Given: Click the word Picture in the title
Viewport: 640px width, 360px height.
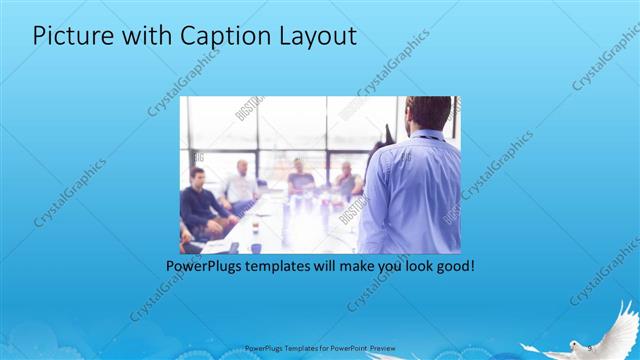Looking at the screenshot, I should pyautogui.click(x=68, y=36).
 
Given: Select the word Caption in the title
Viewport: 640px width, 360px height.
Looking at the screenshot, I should pyautogui.click(x=214, y=36).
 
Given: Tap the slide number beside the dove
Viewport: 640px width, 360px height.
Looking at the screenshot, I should pyautogui.click(x=590, y=347).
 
